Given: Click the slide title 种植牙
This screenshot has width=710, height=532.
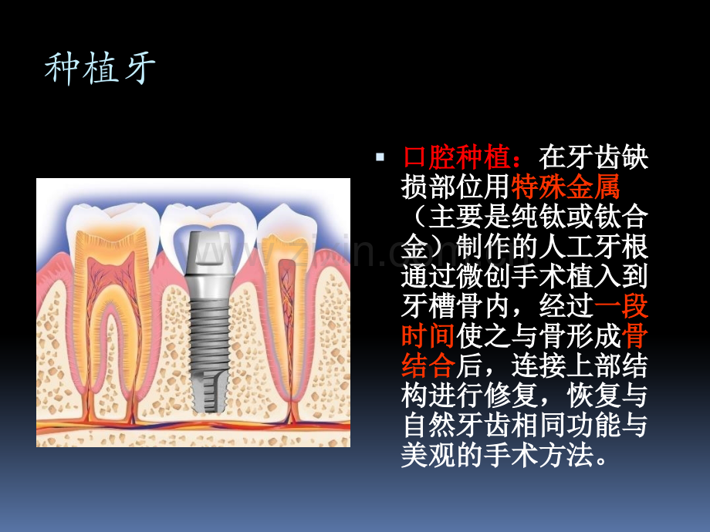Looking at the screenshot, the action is pyautogui.click(x=100, y=69).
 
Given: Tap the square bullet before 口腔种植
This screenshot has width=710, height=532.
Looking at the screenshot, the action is pyautogui.click(x=380, y=157).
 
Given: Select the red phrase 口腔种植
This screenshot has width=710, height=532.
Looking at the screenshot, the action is pyautogui.click(x=456, y=157).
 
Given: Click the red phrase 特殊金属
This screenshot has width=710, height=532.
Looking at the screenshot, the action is pyautogui.click(x=566, y=187).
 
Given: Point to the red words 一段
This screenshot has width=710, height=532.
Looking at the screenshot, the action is pyautogui.click(x=621, y=306).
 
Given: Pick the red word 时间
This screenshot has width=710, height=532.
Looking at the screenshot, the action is pyautogui.click(x=428, y=336).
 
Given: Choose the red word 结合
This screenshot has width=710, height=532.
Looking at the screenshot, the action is pyautogui.click(x=428, y=366).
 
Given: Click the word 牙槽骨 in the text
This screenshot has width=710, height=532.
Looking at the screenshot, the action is pyautogui.click(x=442, y=306).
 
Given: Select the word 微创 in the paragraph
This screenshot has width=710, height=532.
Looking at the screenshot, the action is pyautogui.click(x=484, y=276).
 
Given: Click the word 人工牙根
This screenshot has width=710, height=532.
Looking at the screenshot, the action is pyautogui.click(x=593, y=247).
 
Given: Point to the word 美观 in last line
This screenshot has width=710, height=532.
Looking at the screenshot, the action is pyautogui.click(x=428, y=456).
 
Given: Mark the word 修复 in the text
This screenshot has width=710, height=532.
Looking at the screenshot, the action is pyautogui.click(x=511, y=396).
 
